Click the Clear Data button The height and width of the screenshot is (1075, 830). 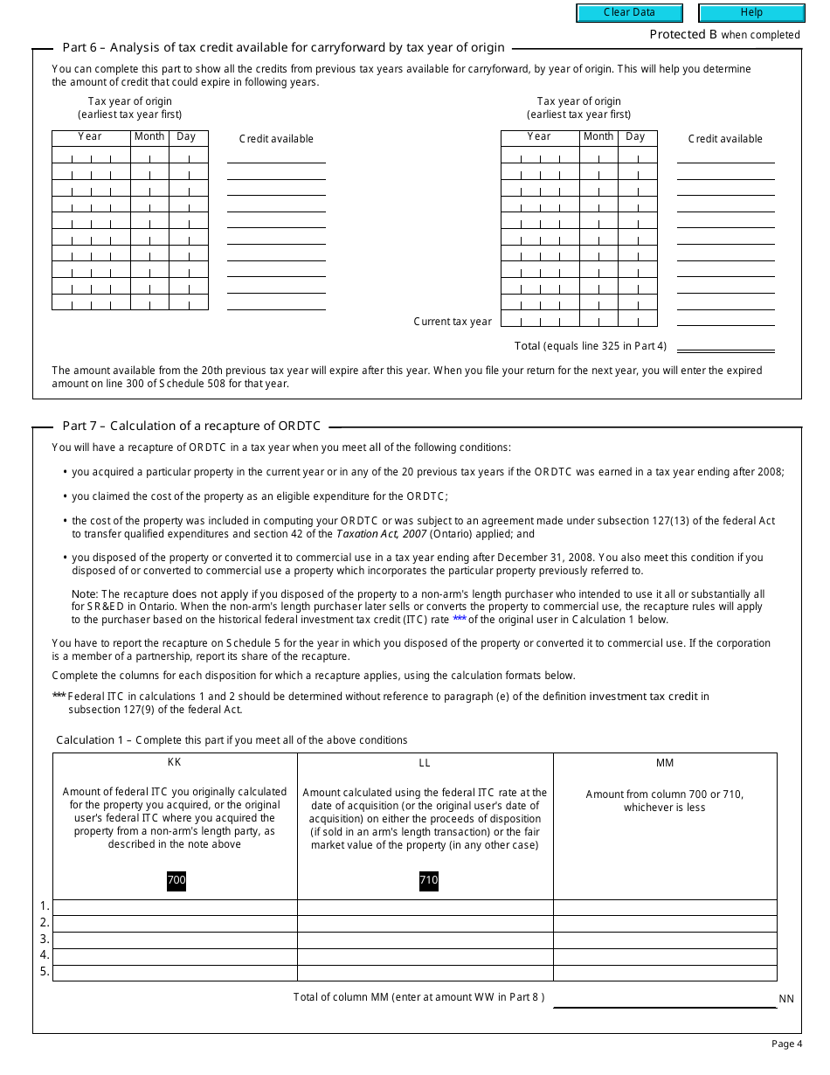tap(629, 13)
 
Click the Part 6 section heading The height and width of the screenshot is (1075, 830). tap(283, 48)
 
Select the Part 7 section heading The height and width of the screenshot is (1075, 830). tap(191, 427)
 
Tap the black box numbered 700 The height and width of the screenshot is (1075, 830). tap(176, 880)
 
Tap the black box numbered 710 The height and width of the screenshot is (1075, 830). tap(428, 880)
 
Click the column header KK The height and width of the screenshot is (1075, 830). tap(175, 763)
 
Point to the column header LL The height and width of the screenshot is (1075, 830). tap(425, 763)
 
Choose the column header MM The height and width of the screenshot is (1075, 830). tap(665, 763)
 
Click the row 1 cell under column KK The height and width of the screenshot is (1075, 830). tap(175, 907)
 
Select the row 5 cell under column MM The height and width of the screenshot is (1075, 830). tap(665, 973)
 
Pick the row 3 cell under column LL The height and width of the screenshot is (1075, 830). tap(425, 940)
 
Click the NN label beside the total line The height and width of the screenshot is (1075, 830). tap(786, 999)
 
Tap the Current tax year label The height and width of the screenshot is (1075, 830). tap(453, 322)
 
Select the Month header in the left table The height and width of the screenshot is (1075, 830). tap(149, 136)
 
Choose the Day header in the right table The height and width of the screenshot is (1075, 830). tap(635, 136)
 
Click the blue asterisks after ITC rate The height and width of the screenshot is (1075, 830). tap(460, 619)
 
